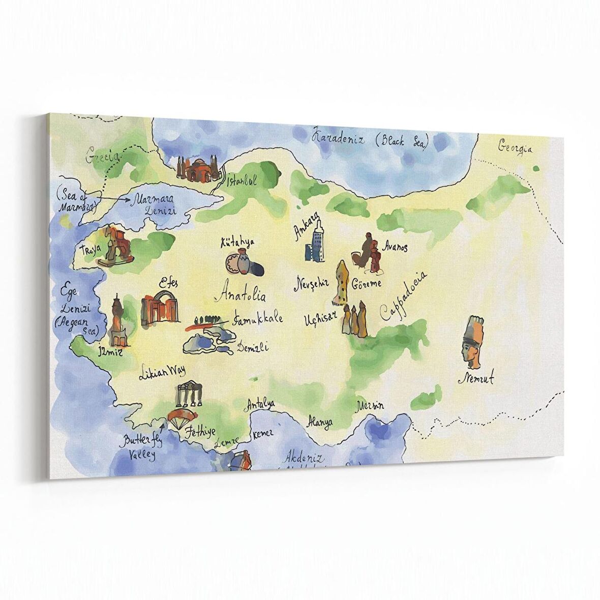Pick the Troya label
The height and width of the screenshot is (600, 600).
(91, 250)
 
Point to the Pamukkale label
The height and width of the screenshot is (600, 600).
(257, 320)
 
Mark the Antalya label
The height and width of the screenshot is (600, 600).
(260, 404)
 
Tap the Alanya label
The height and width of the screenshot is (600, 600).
(320, 422)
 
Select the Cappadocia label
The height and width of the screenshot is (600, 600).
(404, 297)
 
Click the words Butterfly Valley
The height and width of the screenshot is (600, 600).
(138, 446)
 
